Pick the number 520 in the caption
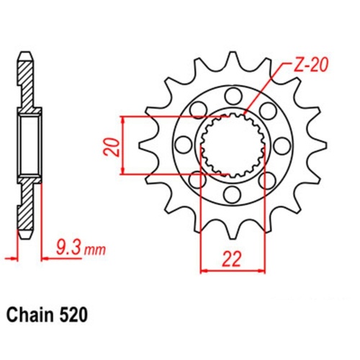coord(77,315)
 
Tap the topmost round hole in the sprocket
coord(232,96)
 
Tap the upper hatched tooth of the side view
coord(24,79)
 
